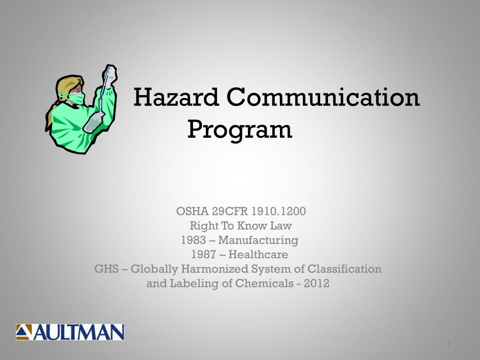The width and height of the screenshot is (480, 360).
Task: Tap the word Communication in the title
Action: (323, 98)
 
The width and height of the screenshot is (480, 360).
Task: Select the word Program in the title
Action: (240, 130)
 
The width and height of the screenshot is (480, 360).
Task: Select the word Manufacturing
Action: (258, 240)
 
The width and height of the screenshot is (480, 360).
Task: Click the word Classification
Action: (345, 269)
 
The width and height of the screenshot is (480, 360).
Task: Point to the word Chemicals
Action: (261, 284)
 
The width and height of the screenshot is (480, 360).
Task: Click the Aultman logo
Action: (70, 332)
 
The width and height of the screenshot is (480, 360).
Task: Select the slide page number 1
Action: (449, 345)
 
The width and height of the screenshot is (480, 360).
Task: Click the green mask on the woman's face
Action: (77, 99)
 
